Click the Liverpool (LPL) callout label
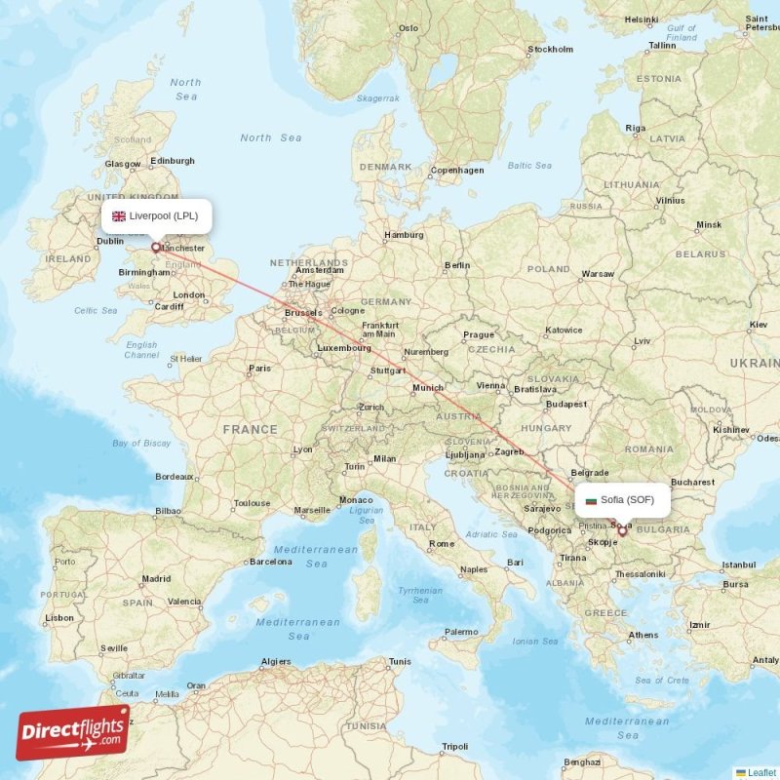[156, 216]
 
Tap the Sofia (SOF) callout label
[623, 500]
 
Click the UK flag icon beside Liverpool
[119, 216]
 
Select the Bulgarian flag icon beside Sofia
[590, 500]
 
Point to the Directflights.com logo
[73, 733]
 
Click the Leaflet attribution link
[761, 772]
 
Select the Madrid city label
[156, 578]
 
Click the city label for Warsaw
[598, 274]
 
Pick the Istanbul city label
[738, 565]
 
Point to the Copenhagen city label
[457, 170]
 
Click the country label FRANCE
[250, 429]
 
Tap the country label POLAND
[548, 269]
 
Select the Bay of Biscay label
[141, 443]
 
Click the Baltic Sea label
[529, 166]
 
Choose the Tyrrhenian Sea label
[420, 595]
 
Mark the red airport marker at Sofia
[622, 532]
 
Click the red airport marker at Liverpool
[155, 248]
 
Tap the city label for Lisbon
[59, 617]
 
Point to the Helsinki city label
[642, 19]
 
